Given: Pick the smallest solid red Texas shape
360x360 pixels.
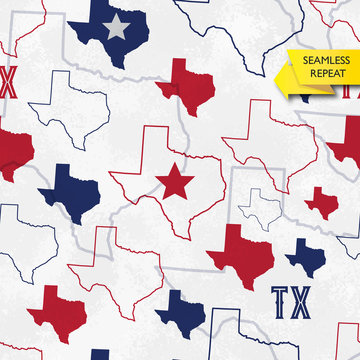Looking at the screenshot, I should tap(321, 200).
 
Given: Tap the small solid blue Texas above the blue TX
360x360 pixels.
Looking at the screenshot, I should tap(304, 255).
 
